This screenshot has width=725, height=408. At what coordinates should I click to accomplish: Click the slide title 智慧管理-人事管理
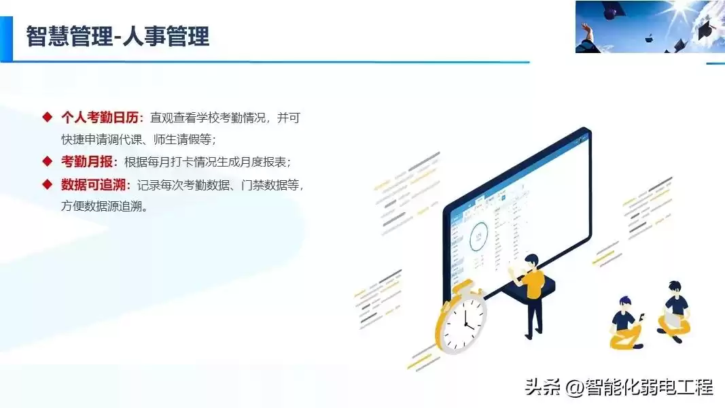coord(118,36)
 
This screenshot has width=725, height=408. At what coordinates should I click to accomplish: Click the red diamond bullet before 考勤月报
coord(47,161)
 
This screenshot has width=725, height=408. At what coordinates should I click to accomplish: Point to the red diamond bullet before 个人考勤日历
coord(47,117)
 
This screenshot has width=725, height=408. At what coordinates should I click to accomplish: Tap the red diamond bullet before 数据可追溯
coord(47,184)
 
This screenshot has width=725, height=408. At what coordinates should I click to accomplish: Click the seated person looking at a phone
coord(626,322)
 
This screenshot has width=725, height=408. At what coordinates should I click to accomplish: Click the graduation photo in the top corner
coord(650,27)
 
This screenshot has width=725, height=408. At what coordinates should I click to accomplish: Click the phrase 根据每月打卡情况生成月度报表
coord(207,162)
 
